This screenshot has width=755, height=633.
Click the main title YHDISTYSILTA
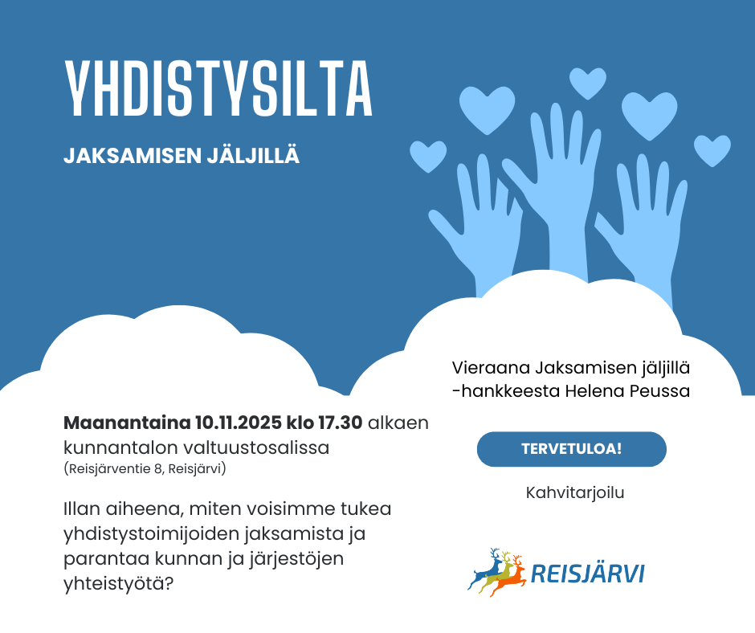(218, 88)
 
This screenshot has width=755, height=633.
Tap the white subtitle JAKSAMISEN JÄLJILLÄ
(182, 156)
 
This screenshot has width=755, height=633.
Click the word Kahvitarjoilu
(575, 492)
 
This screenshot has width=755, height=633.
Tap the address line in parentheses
(145, 468)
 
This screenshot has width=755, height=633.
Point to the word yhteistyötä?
(118, 582)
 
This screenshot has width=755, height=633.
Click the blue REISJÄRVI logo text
(588, 574)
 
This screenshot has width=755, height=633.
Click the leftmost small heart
(427, 155)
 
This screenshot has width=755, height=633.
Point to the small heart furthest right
(712, 149)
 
